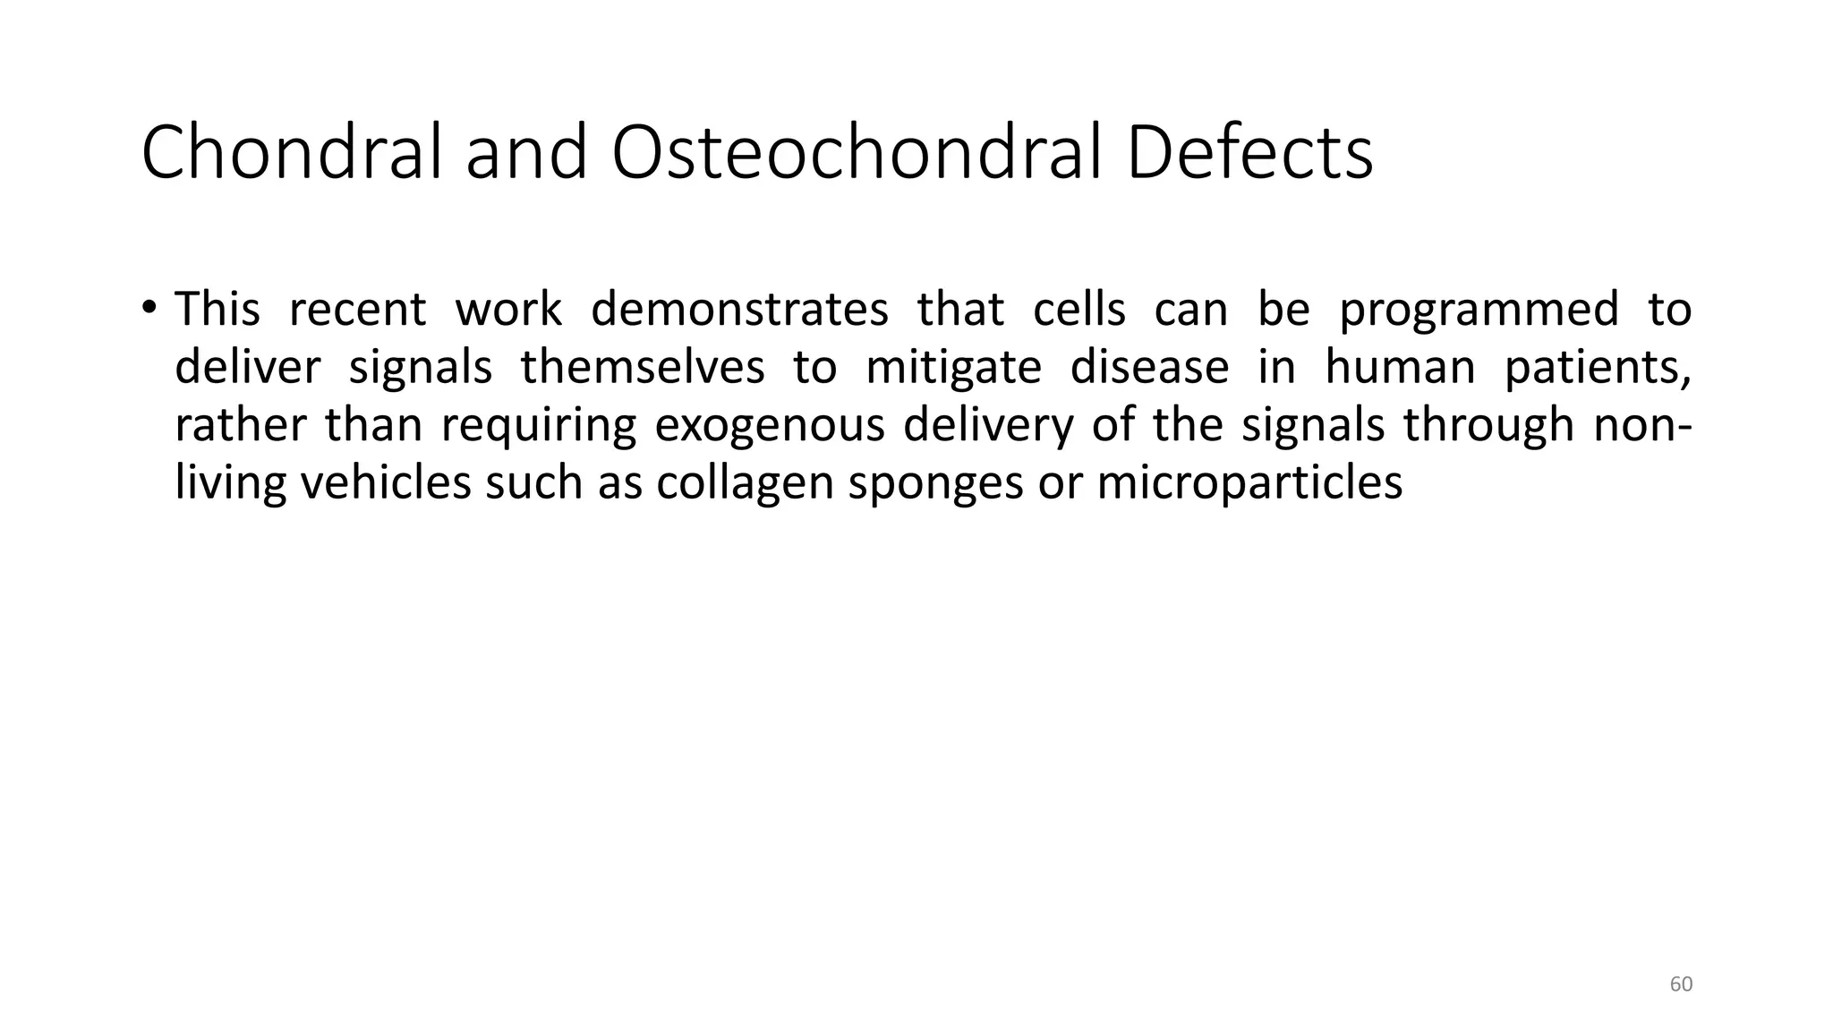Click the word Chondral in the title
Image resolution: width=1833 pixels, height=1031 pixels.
click(x=292, y=153)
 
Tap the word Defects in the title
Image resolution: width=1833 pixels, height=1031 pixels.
click(x=1249, y=153)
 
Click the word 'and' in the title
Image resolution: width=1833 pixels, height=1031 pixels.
click(x=525, y=153)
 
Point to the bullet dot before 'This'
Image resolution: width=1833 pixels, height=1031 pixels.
click(x=149, y=307)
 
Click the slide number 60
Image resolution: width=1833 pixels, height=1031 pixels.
click(x=1681, y=984)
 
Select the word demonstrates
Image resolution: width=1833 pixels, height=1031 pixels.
click(x=739, y=310)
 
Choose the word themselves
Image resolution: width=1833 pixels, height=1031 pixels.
click(x=643, y=367)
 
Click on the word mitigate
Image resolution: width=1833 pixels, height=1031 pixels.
click(x=953, y=369)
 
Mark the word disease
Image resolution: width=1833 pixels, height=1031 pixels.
click(x=1149, y=367)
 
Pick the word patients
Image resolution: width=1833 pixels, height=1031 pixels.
click(x=1597, y=369)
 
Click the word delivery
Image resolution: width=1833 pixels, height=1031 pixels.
click(x=988, y=426)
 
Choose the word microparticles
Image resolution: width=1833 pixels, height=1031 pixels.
click(x=1249, y=483)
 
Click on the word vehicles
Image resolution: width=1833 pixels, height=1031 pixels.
click(x=386, y=482)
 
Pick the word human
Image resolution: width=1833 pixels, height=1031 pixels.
click(x=1400, y=367)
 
